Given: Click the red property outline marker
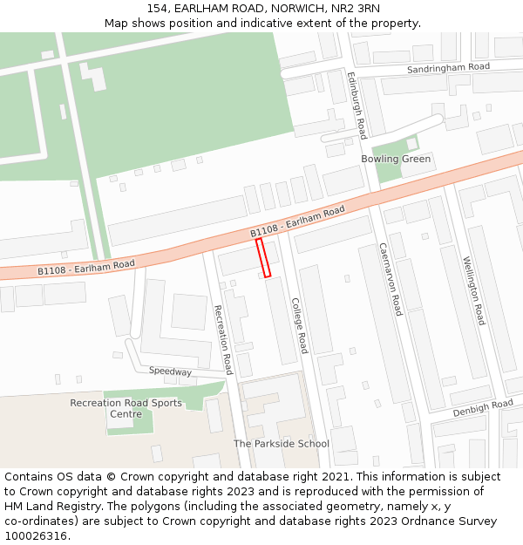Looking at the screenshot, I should pyautogui.click(x=263, y=258).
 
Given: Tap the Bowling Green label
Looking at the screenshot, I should pyautogui.click(x=396, y=160).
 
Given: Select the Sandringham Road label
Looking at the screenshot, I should pyautogui.click(x=449, y=68).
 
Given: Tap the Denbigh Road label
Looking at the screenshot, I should pyautogui.click(x=482, y=407).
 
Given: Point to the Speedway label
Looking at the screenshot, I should pyautogui.click(x=170, y=371).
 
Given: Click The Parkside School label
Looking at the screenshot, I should pyautogui.click(x=282, y=444).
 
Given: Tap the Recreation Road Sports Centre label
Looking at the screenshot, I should pyautogui.click(x=126, y=408).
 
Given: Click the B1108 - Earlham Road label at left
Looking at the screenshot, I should pyautogui.click(x=85, y=268).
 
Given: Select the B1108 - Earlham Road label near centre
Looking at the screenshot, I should pyautogui.click(x=297, y=221).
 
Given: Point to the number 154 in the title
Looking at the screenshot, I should pyautogui.click(x=157, y=9).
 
